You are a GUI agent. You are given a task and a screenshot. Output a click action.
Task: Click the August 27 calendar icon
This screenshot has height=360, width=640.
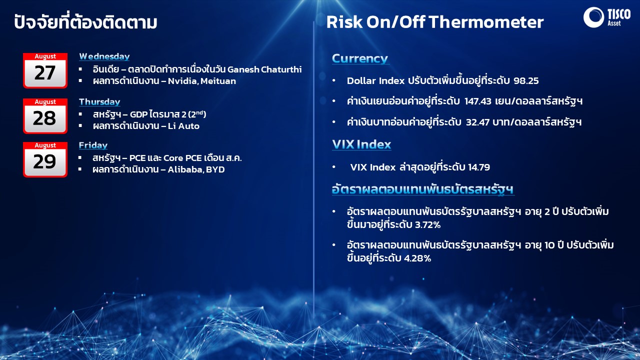pos(45,70)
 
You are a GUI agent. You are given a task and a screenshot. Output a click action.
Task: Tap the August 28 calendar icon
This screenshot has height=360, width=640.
pos(45,116)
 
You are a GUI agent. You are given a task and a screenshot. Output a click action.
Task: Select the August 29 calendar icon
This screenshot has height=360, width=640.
pos(45,159)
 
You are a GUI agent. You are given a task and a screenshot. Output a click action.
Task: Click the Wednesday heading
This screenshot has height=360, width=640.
pos(104,56)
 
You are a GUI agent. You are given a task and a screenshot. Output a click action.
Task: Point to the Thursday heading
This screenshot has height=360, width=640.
pos(99,102)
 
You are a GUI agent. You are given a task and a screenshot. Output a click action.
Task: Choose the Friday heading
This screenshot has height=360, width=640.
pos(93,145)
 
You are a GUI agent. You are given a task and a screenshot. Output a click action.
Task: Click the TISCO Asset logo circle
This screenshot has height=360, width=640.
pos(593,17)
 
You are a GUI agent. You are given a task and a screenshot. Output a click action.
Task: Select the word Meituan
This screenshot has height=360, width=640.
pos(218,81)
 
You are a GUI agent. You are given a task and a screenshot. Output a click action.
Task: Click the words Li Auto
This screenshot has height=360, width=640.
pos(183,126)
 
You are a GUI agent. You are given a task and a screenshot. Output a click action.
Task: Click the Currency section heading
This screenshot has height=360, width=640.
pos(360,58)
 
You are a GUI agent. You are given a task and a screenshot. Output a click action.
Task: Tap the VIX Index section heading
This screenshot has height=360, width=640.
pos(361,144)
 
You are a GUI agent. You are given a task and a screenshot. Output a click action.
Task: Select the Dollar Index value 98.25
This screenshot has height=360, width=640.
pos(526,81)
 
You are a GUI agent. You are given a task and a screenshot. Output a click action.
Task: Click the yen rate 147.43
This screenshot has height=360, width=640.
pos(477,101)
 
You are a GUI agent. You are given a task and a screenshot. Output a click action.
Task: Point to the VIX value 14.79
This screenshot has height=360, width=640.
pos(479,167)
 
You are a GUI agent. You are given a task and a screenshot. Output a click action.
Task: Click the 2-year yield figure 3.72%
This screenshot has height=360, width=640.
pos(427,225)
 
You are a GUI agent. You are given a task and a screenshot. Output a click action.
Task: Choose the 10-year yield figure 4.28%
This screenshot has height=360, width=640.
pos(417,258)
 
